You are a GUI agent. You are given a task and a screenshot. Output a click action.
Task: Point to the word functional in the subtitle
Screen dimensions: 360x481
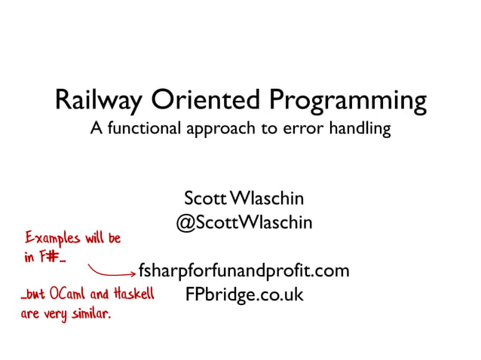click(144, 129)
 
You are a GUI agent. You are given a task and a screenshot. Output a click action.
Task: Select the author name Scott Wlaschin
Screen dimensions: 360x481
click(244, 199)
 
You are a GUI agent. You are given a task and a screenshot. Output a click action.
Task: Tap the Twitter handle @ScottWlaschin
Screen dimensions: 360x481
click(244, 224)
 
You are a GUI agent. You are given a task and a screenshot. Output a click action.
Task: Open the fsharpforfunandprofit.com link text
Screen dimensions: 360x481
click(244, 270)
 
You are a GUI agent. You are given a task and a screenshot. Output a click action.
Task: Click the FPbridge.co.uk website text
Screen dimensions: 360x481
click(244, 294)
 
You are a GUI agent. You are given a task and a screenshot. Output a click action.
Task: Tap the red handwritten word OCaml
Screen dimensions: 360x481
click(72, 294)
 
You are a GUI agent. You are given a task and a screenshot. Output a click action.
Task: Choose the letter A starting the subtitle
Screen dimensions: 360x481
click(97, 129)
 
